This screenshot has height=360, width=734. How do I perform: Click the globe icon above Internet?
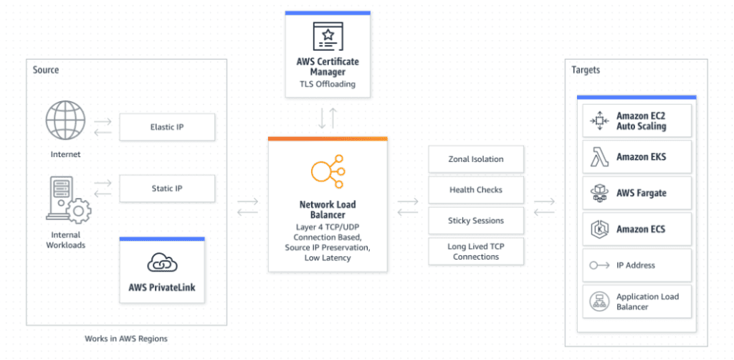pyautogui.click(x=65, y=120)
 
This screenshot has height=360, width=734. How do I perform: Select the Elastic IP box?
pyautogui.click(x=166, y=127)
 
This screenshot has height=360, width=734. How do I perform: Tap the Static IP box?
pyautogui.click(x=166, y=189)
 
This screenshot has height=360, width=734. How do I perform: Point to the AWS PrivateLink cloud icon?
pyautogui.click(x=162, y=263)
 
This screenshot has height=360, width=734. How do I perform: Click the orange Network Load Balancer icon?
pyautogui.click(x=327, y=171)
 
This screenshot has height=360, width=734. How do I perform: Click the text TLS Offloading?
pyautogui.click(x=327, y=84)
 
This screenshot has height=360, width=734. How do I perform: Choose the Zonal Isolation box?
pyautogui.click(x=475, y=159)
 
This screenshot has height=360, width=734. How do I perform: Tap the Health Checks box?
pyautogui.click(x=475, y=190)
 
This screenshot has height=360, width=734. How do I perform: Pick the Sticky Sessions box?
pyautogui.click(x=475, y=221)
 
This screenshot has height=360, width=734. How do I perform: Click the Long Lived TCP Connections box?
pyautogui.click(x=475, y=252)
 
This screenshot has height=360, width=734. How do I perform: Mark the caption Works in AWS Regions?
pyautogui.click(x=125, y=338)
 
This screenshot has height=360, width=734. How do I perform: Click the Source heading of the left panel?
pyautogui.click(x=46, y=70)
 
